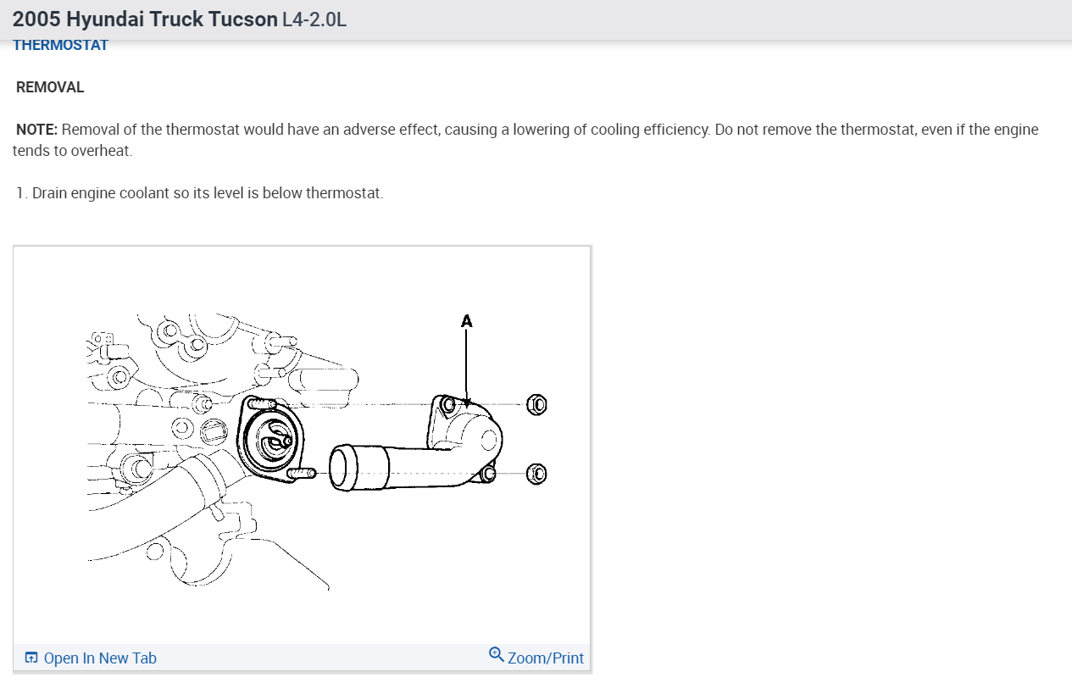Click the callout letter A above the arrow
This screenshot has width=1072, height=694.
coord(466,321)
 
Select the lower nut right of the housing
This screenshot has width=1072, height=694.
coord(536,474)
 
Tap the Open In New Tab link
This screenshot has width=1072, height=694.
coord(99,658)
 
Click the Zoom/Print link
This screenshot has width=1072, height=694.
coord(545,658)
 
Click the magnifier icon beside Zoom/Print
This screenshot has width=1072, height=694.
coord(497,655)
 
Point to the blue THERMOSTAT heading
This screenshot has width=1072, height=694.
coord(61,46)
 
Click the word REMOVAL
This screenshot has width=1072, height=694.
coord(50,87)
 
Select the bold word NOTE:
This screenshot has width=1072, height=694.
coord(36,130)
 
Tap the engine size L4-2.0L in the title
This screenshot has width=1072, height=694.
coord(314,19)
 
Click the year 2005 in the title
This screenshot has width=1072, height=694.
coord(36,19)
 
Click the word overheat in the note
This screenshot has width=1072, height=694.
coord(101,151)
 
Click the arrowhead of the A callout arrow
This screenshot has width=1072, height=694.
coord(466,402)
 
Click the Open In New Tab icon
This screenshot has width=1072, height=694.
coord(31,658)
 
